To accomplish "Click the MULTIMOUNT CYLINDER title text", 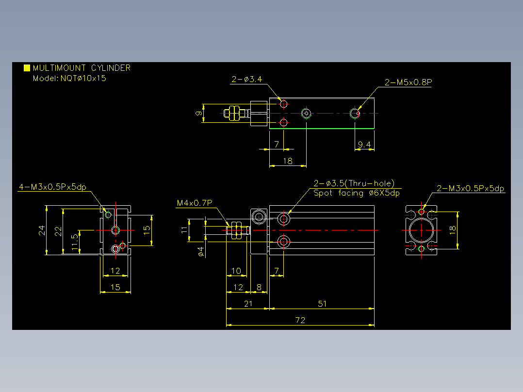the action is coord(82,68).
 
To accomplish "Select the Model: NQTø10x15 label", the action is coord(69,79).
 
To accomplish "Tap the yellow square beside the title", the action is coord(27,68).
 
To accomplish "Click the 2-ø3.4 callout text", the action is coord(247,80).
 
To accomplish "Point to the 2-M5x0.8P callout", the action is coord(409,82).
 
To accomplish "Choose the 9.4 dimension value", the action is coord(364,145).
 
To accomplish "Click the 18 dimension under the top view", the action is coord(288,161).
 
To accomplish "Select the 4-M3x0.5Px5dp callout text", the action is coord(53,187).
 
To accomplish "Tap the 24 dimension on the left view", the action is coord(42,230).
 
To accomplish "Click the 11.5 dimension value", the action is coord(75,242).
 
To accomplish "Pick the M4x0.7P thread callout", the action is coord(195,203).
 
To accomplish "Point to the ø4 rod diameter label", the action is coord(200,251).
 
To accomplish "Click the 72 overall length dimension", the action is coord(300,320).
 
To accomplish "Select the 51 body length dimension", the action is coord(322,304).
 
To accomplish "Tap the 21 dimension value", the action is coord(248,304).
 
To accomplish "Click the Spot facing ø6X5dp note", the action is coord(357,193).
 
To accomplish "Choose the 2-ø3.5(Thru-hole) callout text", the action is coord(354,183).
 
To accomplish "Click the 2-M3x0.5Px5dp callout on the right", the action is coord(470,189).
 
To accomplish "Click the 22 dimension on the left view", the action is coord(58,231).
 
